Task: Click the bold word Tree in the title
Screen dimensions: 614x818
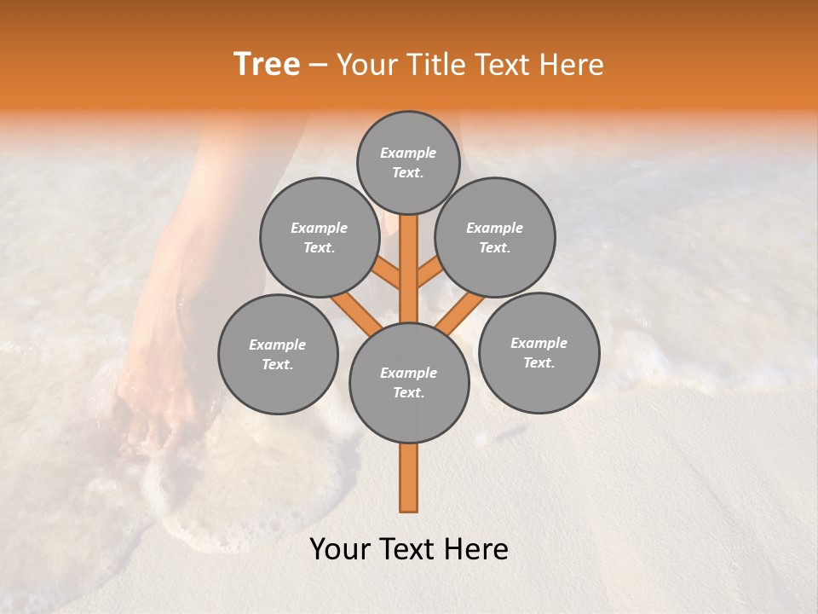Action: [x=267, y=64]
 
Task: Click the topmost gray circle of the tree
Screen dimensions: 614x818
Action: [x=408, y=162]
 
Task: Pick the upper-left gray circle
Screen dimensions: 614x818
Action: [x=319, y=238]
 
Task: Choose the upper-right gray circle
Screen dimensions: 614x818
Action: [x=495, y=238]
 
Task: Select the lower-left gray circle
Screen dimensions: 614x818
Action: [x=278, y=354]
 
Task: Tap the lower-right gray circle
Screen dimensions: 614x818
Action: [x=539, y=352]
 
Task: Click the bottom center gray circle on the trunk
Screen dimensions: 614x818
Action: [x=409, y=383]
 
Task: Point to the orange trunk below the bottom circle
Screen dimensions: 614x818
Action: [x=409, y=478]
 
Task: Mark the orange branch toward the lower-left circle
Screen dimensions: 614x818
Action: [x=356, y=313]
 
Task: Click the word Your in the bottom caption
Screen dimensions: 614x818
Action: [x=340, y=549]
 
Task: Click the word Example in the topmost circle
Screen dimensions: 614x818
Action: [x=408, y=153]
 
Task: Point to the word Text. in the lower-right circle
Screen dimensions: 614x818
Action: [x=539, y=363]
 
